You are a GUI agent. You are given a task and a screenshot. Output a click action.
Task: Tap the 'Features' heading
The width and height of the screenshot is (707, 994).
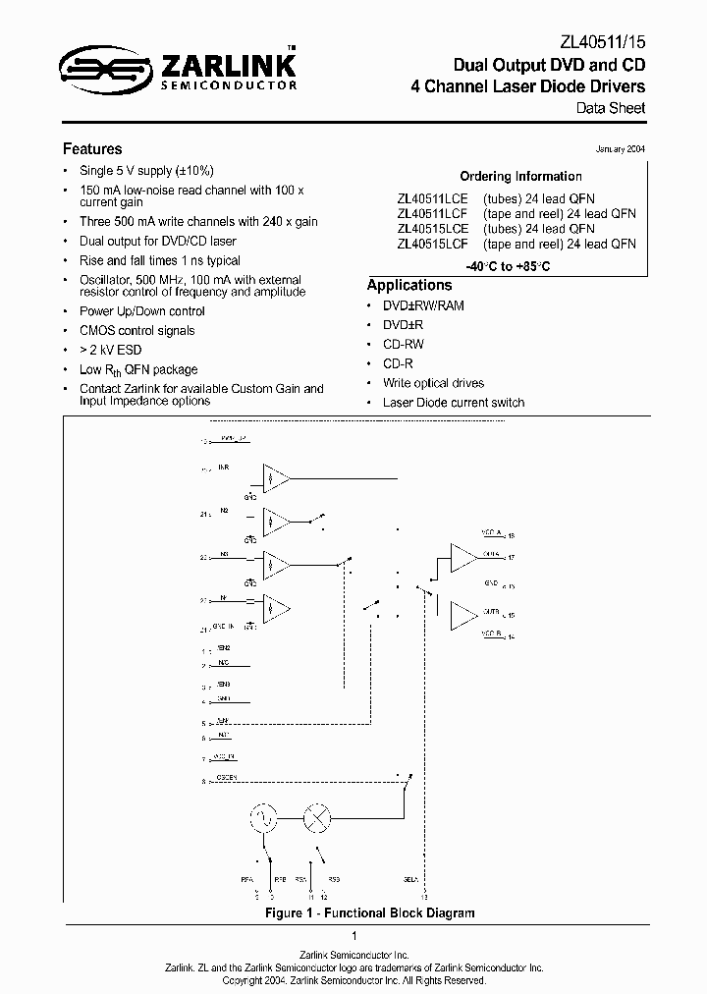click(x=92, y=149)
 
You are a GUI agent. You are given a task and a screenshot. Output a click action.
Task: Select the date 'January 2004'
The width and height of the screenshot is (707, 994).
click(x=621, y=149)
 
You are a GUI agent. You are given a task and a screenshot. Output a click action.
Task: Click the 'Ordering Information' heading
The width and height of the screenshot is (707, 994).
click(x=520, y=177)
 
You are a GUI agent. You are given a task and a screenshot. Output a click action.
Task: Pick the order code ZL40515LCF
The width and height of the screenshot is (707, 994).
click(x=432, y=244)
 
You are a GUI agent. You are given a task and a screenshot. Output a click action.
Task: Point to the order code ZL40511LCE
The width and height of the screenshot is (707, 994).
click(x=432, y=196)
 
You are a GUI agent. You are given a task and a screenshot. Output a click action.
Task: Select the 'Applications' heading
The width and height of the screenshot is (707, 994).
click(x=408, y=285)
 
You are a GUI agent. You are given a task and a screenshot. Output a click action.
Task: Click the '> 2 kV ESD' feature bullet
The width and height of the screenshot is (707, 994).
click(x=114, y=351)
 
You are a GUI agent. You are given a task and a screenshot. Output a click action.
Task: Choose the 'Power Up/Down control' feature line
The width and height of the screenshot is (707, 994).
click(x=141, y=311)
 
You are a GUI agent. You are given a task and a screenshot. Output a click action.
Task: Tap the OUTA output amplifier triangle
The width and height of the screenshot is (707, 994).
click(x=462, y=558)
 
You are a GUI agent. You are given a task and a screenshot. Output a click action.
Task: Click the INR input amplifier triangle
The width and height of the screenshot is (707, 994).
click(x=276, y=478)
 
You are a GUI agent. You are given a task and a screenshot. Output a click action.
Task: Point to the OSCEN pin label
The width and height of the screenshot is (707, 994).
click(x=226, y=779)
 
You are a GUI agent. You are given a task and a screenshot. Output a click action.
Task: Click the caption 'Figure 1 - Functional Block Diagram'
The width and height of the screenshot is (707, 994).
click(x=370, y=912)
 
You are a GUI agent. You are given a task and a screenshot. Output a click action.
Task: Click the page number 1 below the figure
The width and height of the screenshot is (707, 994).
click(x=353, y=937)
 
